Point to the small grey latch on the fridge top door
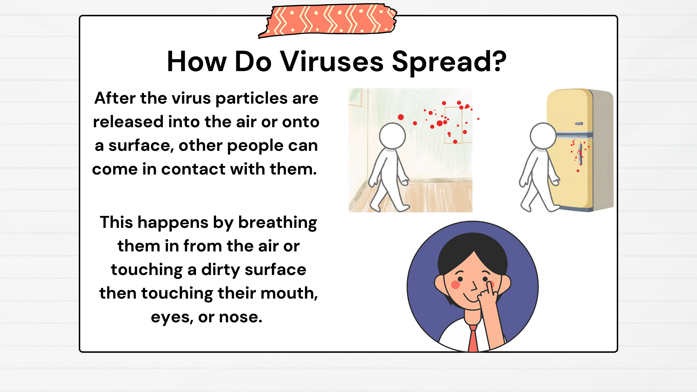pyautogui.click(x=579, y=124)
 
